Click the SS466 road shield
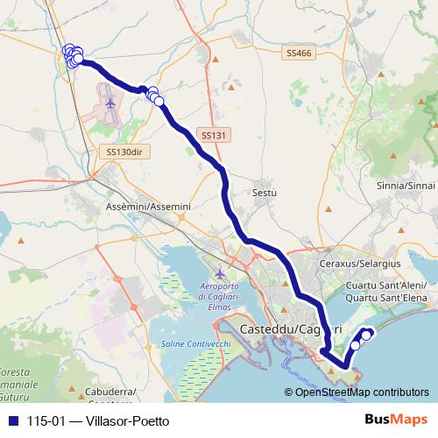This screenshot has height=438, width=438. [298, 54]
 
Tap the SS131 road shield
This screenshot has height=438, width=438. [212, 136]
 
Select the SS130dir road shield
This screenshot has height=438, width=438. [123, 152]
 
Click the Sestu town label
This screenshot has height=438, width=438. [264, 192]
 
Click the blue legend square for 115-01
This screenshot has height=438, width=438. [13, 420]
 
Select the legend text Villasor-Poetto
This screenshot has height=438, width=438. [122, 420]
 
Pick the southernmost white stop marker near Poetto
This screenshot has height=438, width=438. [355, 345]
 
